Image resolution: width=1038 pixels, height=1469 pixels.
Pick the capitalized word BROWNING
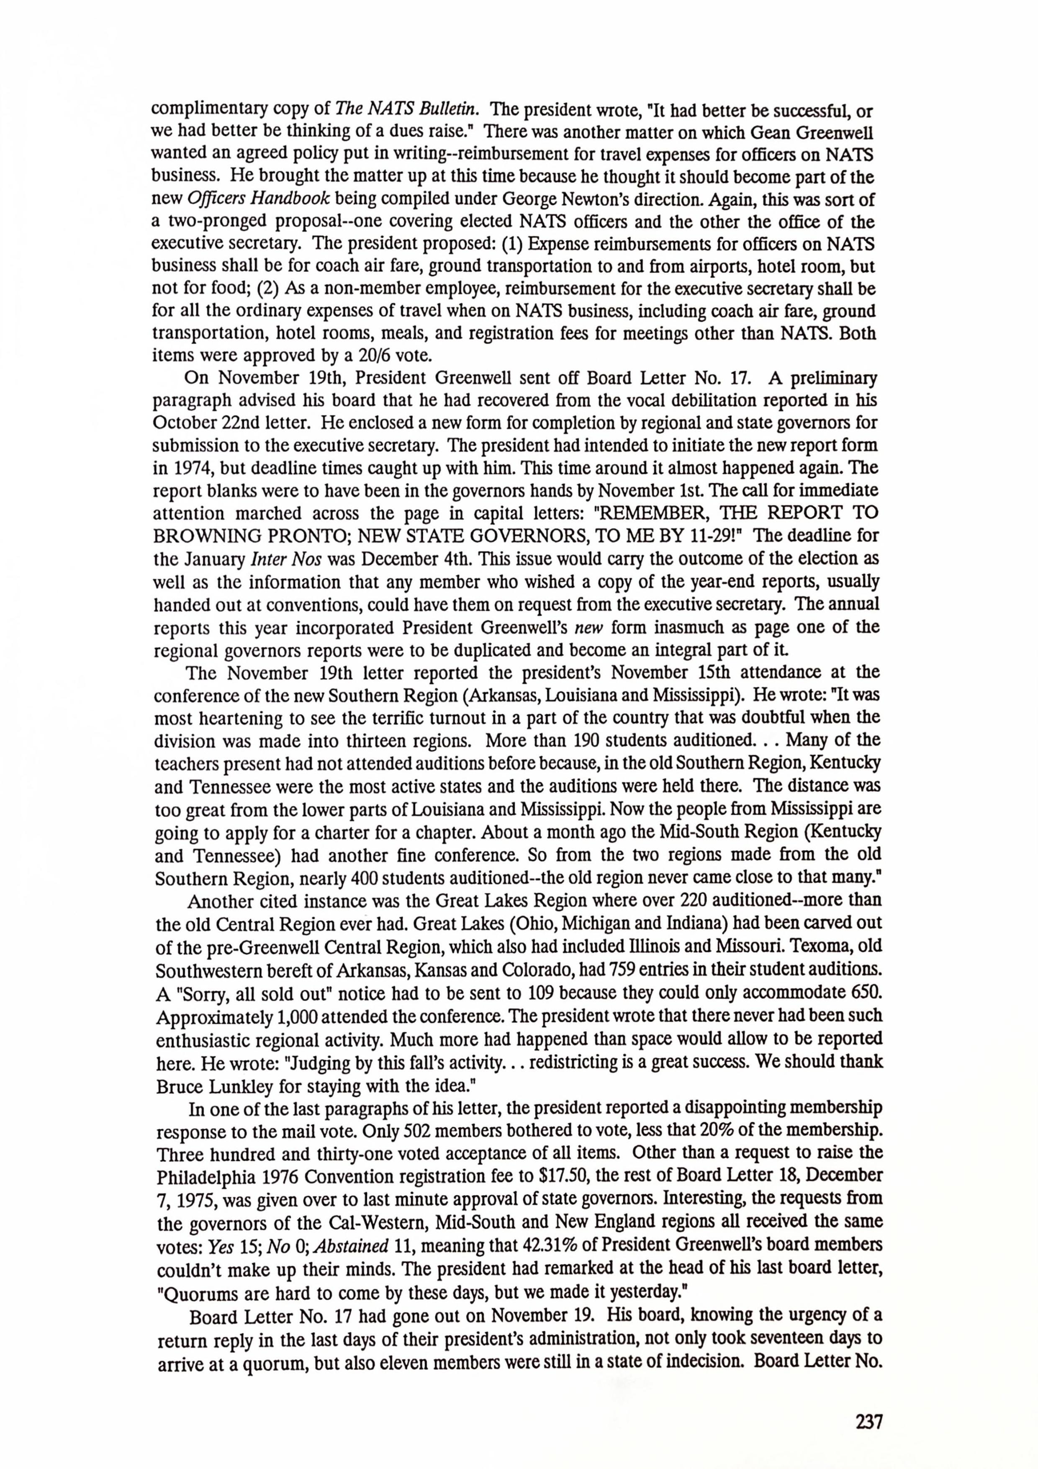205,536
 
